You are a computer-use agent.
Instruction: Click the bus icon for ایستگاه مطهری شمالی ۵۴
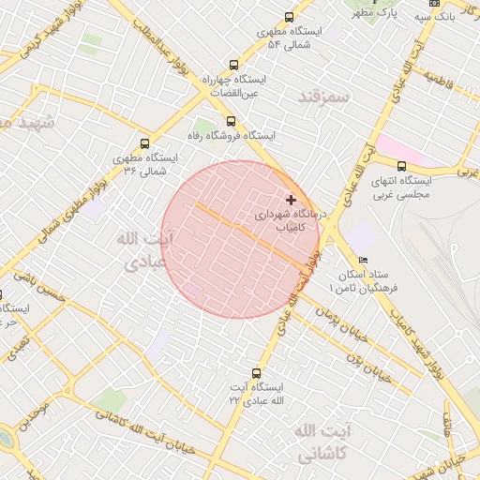point(289,17)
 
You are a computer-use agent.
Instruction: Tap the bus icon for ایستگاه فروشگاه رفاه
point(231,121)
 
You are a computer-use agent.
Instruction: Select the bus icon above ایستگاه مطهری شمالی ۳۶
point(144,143)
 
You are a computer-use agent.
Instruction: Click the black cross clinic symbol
point(292,200)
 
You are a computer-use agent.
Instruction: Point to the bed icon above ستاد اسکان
point(364,260)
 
